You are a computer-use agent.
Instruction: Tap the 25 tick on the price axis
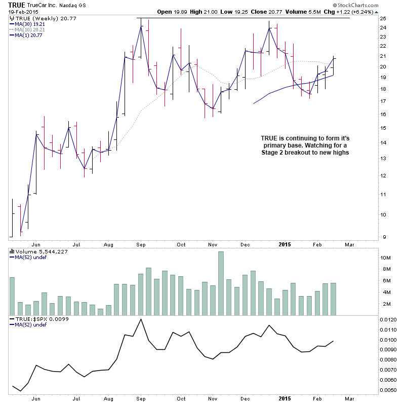(383, 18)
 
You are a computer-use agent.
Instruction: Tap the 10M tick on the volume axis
(386, 258)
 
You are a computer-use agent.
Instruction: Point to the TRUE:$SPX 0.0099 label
(34, 319)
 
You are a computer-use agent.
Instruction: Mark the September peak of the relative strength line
(140, 319)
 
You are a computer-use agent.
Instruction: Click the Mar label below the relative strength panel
(348, 398)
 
